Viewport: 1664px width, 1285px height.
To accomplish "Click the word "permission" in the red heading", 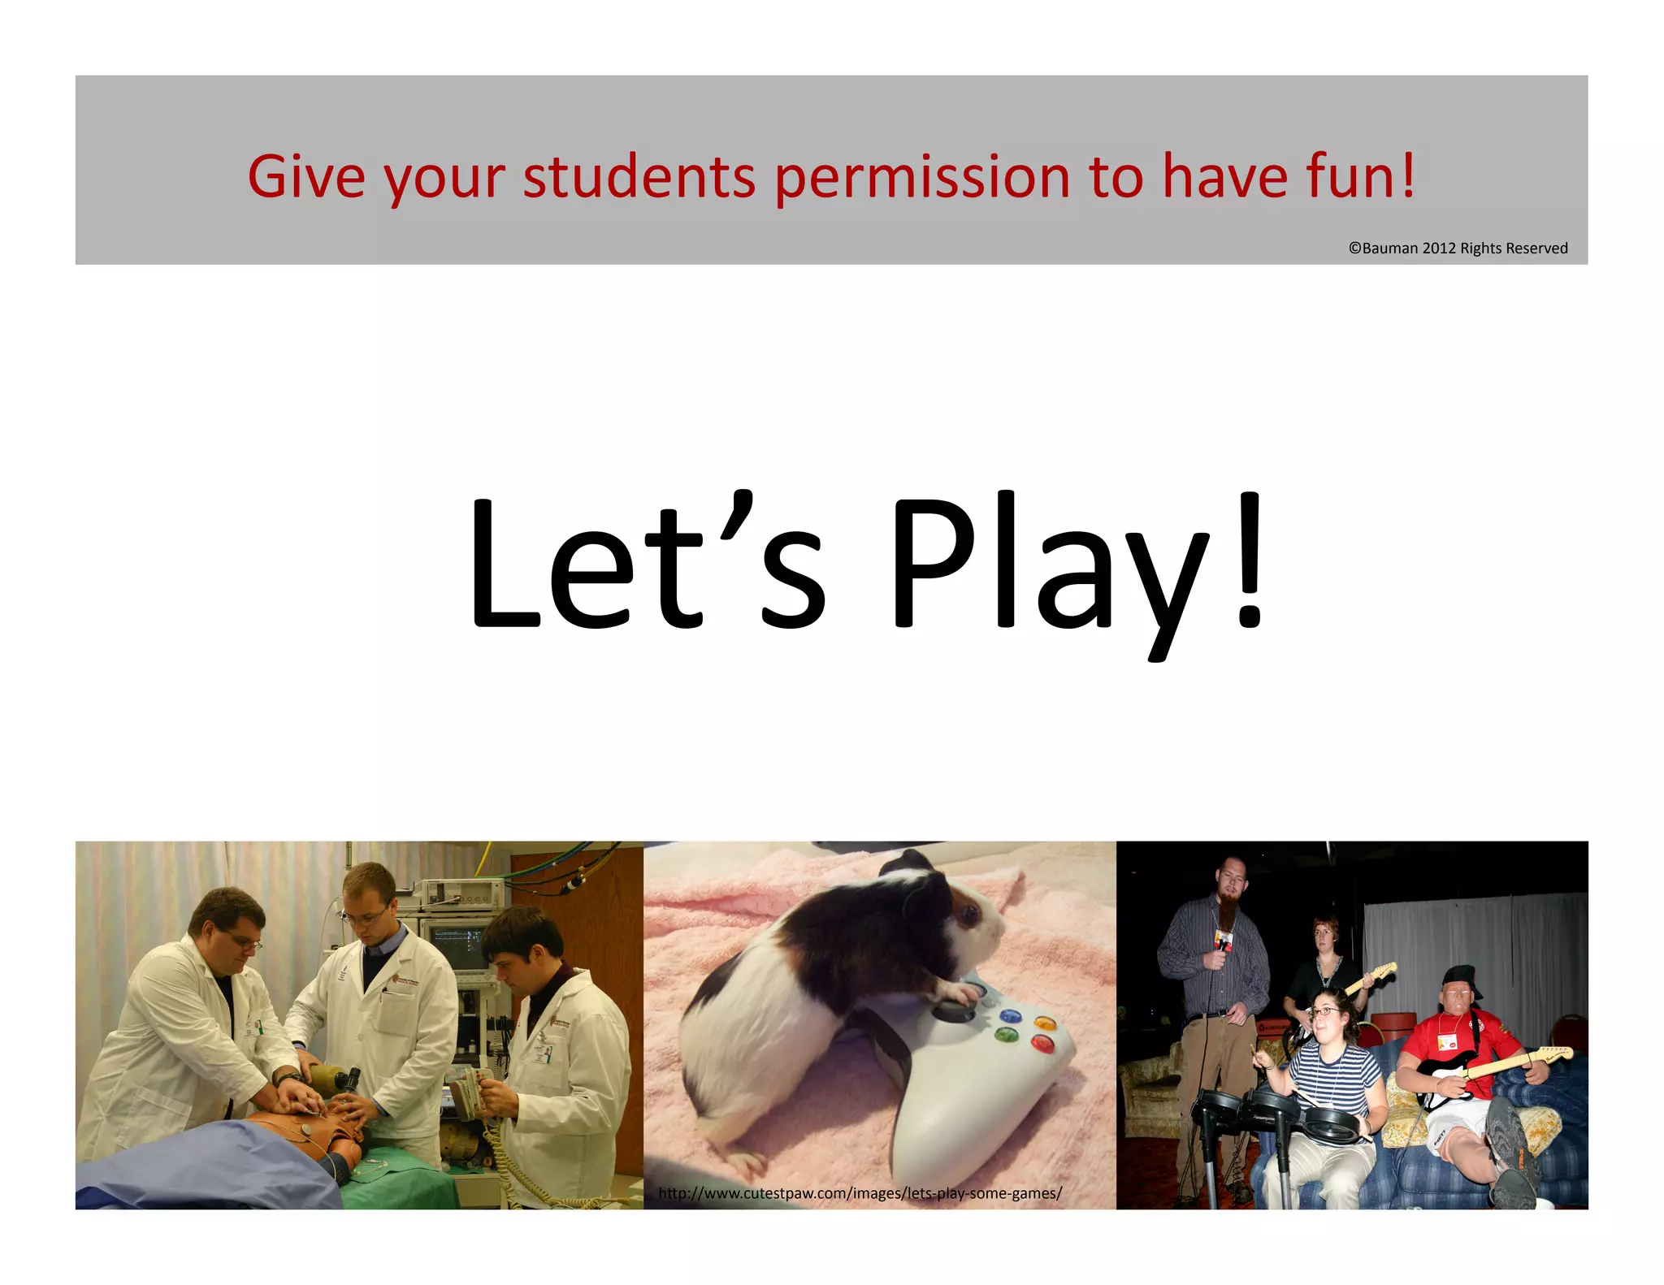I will point(921,177).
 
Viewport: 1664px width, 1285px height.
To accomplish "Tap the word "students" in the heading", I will point(639,177).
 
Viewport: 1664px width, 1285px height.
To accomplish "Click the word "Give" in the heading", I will point(305,177).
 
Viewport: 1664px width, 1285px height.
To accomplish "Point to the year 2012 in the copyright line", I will point(1438,249).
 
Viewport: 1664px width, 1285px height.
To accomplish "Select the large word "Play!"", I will point(1077,565).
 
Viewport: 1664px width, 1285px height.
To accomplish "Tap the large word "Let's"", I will point(646,565).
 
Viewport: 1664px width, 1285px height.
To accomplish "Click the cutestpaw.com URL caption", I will point(860,1193).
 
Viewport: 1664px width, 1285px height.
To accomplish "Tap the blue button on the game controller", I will point(1010,1016).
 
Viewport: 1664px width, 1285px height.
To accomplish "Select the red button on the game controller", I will point(1041,1043).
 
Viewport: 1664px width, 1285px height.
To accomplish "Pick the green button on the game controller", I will point(1006,1035).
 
